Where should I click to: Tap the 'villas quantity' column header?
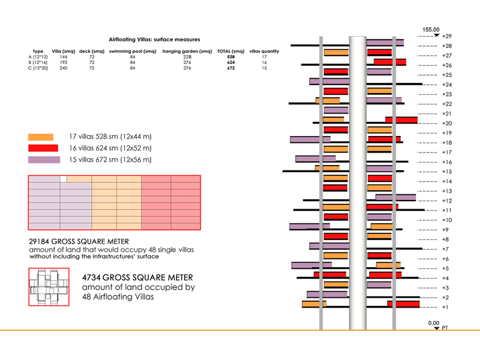point(265,51)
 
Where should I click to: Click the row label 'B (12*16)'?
point(38,63)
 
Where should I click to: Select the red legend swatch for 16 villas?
point(43,148)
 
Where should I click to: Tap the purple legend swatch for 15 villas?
point(44,160)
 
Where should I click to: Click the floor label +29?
point(447,36)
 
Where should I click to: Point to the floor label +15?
point(447,172)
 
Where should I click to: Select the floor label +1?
point(446,306)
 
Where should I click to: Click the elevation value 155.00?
point(431,30)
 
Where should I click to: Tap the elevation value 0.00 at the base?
point(434,323)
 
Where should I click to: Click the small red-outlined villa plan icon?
point(49,287)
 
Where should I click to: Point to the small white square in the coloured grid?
point(63,179)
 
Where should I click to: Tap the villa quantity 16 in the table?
point(264,63)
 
